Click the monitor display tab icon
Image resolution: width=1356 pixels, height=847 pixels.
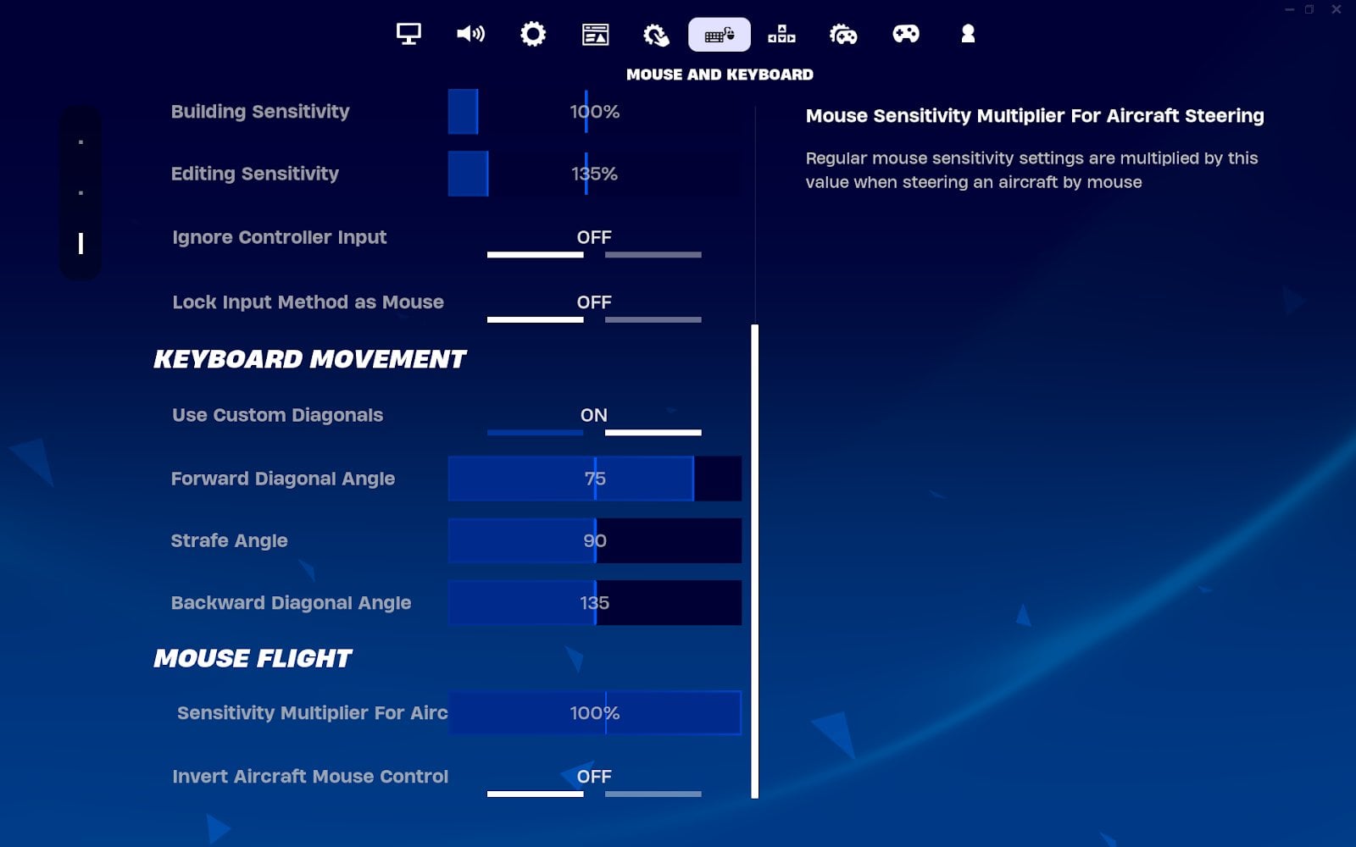[x=408, y=34]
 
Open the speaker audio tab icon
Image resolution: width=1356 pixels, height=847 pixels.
[x=470, y=34]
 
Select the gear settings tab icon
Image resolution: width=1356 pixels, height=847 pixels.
[x=533, y=34]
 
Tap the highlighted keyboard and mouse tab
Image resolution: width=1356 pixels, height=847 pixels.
[x=720, y=35]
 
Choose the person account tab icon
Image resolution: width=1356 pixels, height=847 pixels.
[x=968, y=34]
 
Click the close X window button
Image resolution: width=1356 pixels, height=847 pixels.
[x=1336, y=9]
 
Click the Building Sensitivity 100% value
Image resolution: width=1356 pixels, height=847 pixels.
[x=594, y=112]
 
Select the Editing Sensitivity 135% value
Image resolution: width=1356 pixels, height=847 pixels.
[x=594, y=174]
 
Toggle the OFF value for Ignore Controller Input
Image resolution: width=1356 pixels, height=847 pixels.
[x=594, y=237]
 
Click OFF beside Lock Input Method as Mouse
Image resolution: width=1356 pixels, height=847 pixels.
[x=594, y=302]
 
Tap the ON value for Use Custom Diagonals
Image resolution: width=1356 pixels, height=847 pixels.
[x=594, y=415]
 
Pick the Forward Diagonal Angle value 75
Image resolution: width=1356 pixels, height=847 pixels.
[x=594, y=479]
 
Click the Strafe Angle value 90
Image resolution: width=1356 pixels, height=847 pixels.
[x=594, y=540]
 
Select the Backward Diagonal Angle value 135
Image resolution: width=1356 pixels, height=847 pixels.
[x=594, y=603]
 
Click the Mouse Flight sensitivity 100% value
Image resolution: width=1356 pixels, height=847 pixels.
[x=594, y=713]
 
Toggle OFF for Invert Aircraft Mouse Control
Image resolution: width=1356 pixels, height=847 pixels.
[x=594, y=777]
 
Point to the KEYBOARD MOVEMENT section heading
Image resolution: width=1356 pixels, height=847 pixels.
[x=309, y=359]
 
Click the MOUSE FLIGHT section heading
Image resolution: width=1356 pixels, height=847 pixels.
[x=253, y=658]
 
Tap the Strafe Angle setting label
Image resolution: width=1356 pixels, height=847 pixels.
[x=229, y=540]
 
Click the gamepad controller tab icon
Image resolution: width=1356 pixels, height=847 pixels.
[x=906, y=34]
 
